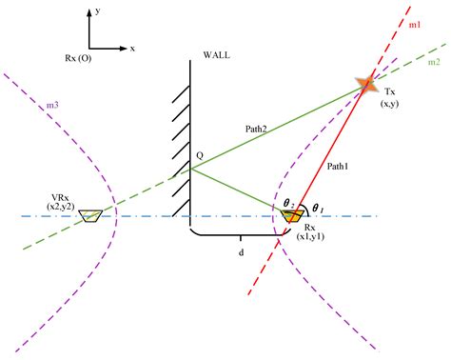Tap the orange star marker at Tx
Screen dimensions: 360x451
[366, 84]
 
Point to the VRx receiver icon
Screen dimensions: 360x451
[90, 217]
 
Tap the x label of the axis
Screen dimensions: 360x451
[132, 47]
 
